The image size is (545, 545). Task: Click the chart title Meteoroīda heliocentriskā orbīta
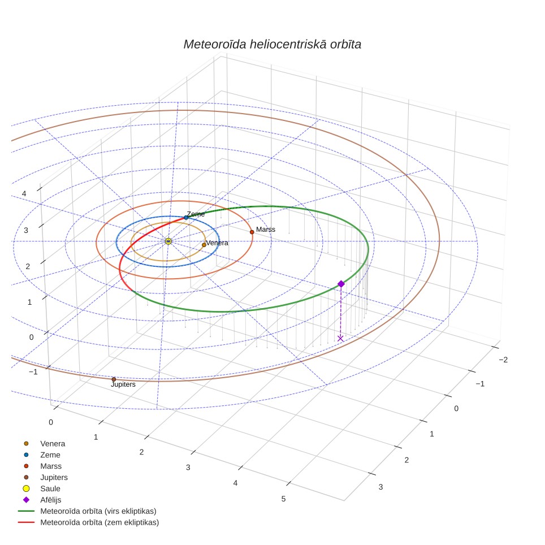(x=272, y=44)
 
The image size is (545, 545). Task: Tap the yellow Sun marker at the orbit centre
(x=168, y=241)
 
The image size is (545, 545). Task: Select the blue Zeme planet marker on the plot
(x=186, y=218)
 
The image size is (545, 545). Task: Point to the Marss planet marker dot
(x=252, y=232)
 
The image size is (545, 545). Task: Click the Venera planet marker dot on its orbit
(x=204, y=245)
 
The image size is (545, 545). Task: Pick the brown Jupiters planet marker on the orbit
(x=114, y=379)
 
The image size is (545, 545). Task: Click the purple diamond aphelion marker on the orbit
(x=341, y=284)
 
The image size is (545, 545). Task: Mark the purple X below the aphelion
(x=340, y=338)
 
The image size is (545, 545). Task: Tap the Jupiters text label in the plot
(x=123, y=384)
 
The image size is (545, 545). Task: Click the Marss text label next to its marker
(x=266, y=230)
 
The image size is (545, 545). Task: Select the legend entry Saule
(x=50, y=488)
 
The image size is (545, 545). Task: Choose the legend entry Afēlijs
(x=51, y=500)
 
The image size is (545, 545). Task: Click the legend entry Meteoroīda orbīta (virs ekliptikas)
(x=98, y=511)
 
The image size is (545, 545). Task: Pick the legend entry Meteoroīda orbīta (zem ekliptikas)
(x=100, y=522)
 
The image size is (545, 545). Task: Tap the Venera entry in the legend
(x=53, y=443)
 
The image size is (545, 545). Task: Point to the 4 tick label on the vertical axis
(x=24, y=193)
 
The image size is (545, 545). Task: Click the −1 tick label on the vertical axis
(x=33, y=372)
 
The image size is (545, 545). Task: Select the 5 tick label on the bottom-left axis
(x=284, y=499)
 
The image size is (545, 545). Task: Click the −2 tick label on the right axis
(x=503, y=360)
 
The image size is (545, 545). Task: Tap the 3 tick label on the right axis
(x=380, y=487)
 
